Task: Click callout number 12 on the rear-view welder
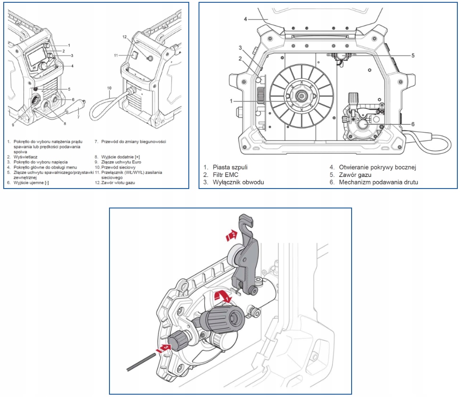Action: pyautogui.click(x=124, y=37)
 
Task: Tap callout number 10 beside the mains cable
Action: pyautogui.click(x=109, y=88)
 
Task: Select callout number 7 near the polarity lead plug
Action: pyautogui.click(x=78, y=117)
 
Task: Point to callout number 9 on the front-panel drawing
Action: pyautogui.click(x=13, y=125)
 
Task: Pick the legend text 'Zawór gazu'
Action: pyautogui.click(x=356, y=175)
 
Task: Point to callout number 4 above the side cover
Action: pyautogui.click(x=246, y=19)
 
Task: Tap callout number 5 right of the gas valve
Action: pyautogui.click(x=412, y=55)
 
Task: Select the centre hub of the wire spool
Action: pyautogui.click(x=301, y=96)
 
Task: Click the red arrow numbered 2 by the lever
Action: pyautogui.click(x=231, y=236)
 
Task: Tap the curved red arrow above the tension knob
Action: pyautogui.click(x=222, y=296)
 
